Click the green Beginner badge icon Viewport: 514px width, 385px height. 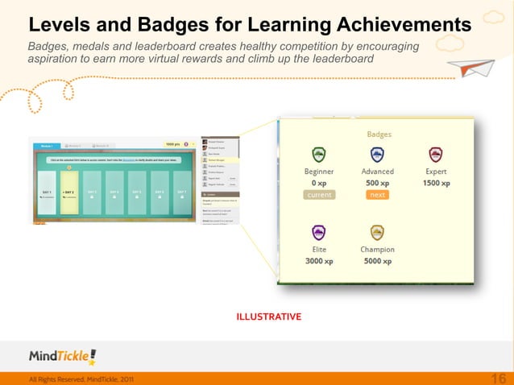pos(318,154)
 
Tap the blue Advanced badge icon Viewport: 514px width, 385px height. pos(376,154)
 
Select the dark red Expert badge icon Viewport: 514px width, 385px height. pos(436,154)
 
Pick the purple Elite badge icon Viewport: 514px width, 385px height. pos(318,232)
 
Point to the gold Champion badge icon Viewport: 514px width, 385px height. pos(376,232)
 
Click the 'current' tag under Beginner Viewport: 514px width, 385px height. pos(318,195)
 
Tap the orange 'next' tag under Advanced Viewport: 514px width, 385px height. pos(376,195)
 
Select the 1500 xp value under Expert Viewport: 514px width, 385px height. pos(436,184)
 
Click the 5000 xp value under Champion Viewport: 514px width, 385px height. pos(377,262)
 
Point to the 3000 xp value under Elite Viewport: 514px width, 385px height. pos(318,262)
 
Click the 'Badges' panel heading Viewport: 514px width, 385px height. pos(379,134)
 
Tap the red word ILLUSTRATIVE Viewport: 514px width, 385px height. pos(268,317)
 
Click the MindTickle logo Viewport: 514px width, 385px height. pos(62,355)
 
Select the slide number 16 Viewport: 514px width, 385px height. pos(497,379)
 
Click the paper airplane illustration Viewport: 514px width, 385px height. pos(476,67)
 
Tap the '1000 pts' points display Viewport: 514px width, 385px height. pos(172,145)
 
